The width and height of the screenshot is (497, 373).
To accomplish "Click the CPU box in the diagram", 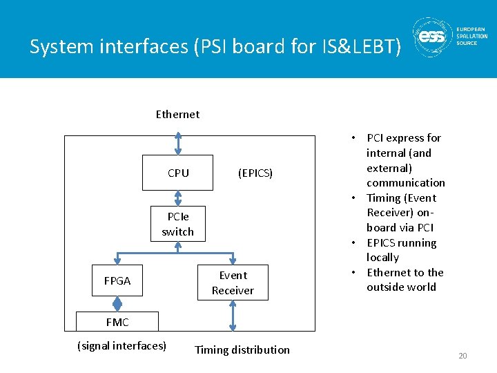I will pos(177,173).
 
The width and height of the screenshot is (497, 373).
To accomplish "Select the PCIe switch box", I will pos(177,224).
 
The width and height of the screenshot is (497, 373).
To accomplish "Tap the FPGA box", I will pos(117,280).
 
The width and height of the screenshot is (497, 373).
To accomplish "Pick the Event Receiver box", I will pos(233,283).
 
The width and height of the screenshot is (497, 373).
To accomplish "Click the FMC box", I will pos(117,322).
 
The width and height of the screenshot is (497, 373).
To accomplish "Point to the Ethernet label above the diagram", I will pos(177,114).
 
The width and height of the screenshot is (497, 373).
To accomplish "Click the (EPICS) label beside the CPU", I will pos(255,173).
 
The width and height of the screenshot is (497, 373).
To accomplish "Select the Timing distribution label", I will pos(242,350).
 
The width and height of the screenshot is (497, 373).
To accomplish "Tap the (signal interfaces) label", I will pos(122,345).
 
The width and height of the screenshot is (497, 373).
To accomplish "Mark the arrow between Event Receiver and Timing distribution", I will pos(233,316).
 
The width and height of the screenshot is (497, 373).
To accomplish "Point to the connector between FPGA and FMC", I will pos(117,304).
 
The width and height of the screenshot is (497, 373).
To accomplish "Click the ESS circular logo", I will pos(433,38).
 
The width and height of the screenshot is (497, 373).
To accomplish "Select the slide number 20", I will pos(462,356).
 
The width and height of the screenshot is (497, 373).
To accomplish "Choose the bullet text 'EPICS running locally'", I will pos(401,250).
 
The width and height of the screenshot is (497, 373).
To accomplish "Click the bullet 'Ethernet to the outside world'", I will pos(405,280).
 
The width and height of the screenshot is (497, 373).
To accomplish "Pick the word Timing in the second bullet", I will pos(383,198).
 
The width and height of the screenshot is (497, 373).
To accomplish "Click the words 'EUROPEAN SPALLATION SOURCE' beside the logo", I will pos(471,36).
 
